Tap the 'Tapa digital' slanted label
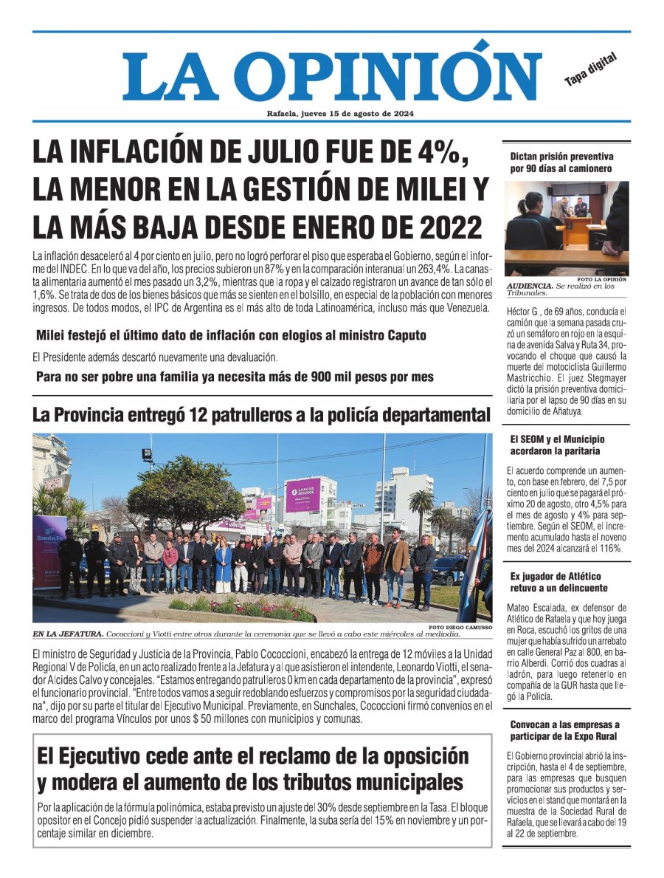[590, 69]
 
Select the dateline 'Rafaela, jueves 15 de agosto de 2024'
[340, 114]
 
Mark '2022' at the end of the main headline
[446, 225]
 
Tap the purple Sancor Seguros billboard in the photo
[302, 495]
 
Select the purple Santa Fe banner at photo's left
[49, 550]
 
